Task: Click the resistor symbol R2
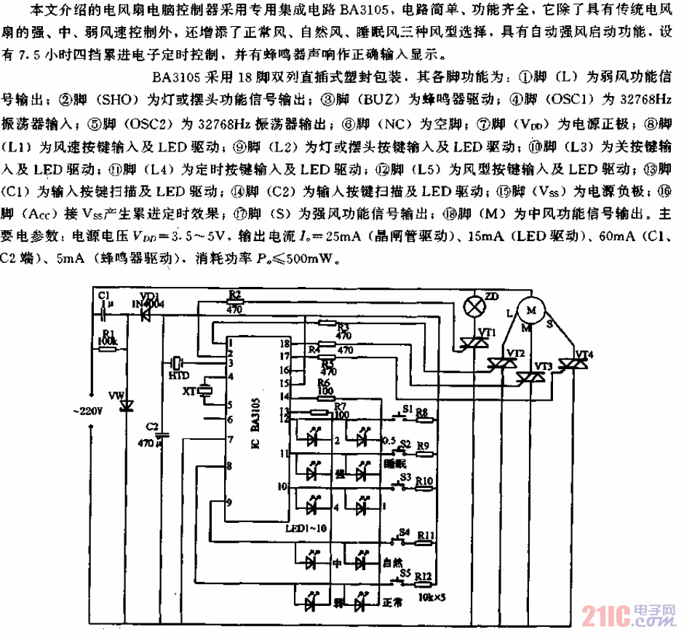tap(235, 302)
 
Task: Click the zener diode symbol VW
tap(125, 404)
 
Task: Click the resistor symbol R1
tap(108, 349)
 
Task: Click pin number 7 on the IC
tap(229, 439)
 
